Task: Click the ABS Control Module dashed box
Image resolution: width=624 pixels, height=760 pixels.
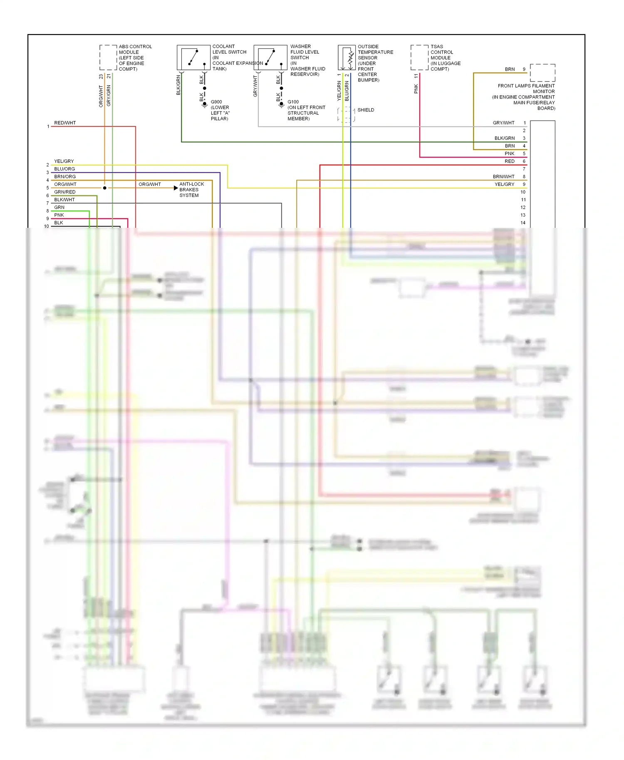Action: (x=108, y=57)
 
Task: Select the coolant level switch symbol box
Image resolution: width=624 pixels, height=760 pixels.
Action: (x=193, y=57)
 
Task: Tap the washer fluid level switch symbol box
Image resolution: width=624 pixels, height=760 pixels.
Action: (x=270, y=57)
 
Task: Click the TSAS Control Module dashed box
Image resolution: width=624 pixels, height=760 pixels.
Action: (x=419, y=57)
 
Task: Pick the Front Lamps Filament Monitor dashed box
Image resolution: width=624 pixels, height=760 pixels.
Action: (x=542, y=73)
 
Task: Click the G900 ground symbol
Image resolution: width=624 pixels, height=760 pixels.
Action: (x=204, y=105)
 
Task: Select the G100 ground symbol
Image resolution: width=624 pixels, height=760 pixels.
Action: (x=281, y=105)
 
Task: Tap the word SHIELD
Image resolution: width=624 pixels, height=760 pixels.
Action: (x=366, y=110)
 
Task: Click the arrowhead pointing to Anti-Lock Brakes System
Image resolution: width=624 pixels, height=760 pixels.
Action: (x=176, y=188)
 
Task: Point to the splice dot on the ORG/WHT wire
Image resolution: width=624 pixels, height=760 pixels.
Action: (x=105, y=188)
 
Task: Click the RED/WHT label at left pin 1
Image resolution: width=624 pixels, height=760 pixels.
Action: (x=65, y=123)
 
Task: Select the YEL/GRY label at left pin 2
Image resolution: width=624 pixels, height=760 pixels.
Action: (x=64, y=161)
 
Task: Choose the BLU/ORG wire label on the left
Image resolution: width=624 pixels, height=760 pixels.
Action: (x=64, y=169)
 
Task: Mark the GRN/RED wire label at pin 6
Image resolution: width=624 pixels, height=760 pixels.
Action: (x=64, y=192)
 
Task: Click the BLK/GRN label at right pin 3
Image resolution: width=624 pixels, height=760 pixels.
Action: (x=504, y=138)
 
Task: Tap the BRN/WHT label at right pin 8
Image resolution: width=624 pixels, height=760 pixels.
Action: (x=503, y=177)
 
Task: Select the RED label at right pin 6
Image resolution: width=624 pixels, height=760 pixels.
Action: (x=509, y=161)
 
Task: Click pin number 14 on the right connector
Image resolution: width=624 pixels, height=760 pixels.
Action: (x=523, y=223)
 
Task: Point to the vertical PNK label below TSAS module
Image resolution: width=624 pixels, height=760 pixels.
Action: (x=416, y=89)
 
